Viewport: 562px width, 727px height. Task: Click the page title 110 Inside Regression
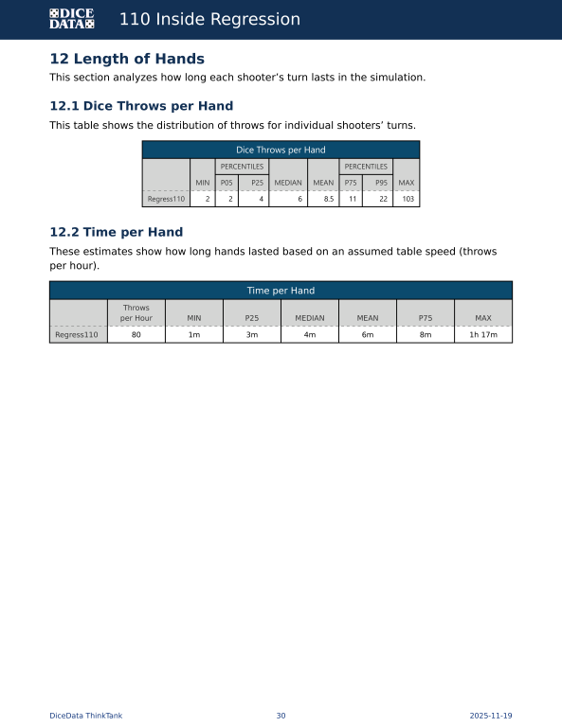(x=209, y=19)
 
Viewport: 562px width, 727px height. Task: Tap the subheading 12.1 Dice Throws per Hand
(x=141, y=106)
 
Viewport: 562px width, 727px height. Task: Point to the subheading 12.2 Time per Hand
(x=116, y=232)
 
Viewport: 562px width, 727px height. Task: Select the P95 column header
(x=381, y=183)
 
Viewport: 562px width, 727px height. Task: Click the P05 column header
(x=227, y=183)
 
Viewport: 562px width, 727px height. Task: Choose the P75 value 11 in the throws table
(x=351, y=199)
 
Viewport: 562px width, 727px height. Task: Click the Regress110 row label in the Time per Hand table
(x=77, y=334)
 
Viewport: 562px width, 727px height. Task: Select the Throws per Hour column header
(x=136, y=312)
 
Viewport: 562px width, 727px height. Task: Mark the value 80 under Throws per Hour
(x=136, y=334)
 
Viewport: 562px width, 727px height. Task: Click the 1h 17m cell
(x=482, y=334)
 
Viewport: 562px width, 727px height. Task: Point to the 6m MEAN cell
(x=368, y=334)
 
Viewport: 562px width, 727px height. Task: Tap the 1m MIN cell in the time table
(x=194, y=334)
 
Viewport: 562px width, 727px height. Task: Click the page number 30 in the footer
(x=281, y=716)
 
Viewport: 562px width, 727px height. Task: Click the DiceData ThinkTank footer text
(x=85, y=716)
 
